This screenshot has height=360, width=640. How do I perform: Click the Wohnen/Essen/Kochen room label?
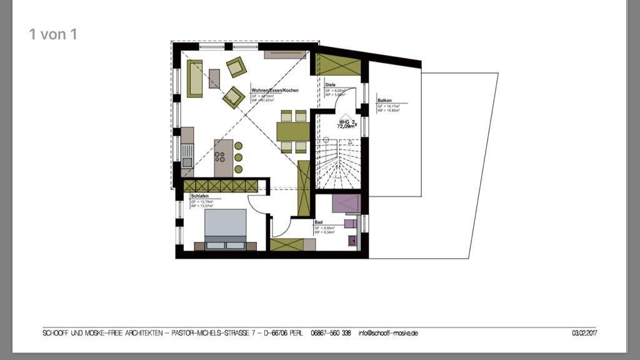(x=275, y=91)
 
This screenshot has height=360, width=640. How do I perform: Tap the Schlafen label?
(x=200, y=196)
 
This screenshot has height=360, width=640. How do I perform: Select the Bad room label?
(x=318, y=222)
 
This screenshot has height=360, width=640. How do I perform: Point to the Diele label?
(x=331, y=84)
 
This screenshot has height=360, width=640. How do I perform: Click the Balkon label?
(x=384, y=101)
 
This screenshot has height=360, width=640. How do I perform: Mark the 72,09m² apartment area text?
(x=347, y=126)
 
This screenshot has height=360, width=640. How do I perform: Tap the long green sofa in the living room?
(x=195, y=78)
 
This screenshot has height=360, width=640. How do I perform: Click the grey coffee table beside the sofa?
(x=214, y=78)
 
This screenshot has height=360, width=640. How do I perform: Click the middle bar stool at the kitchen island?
(x=238, y=157)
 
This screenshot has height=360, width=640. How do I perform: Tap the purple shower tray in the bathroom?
(x=346, y=204)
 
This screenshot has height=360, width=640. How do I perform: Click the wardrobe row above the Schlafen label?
(x=221, y=186)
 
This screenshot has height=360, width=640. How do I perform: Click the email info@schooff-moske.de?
(x=388, y=333)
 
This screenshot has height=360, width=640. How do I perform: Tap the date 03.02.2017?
(x=584, y=333)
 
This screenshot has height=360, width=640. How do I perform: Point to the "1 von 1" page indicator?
(x=53, y=34)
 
